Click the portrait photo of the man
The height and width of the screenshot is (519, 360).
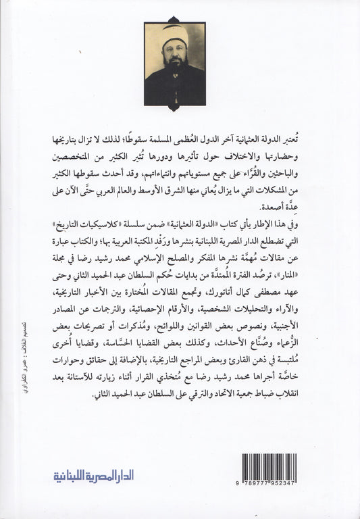[175, 64]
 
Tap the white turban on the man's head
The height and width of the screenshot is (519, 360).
[173, 36]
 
